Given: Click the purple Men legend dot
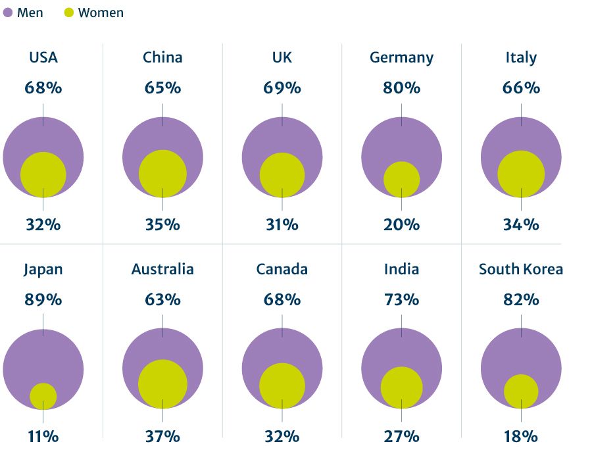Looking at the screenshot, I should point(8,12).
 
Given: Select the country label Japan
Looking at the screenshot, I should point(43,269).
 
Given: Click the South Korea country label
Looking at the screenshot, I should point(521,269).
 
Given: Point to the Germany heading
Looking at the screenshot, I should point(401,58).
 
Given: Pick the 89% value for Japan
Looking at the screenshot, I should point(43,300).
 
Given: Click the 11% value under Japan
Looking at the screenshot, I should point(43,436).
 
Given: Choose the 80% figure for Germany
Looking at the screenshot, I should point(401,87).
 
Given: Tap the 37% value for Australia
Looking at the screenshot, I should point(162,436).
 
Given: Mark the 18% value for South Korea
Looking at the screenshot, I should point(521,436).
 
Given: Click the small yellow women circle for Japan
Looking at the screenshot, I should point(43,395).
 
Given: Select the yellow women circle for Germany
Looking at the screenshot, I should point(401,179).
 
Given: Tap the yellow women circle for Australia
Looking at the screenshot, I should point(162,384).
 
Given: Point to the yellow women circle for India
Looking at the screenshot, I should point(401,387).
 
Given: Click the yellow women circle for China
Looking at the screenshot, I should point(162,174).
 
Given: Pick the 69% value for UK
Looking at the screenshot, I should point(282,87).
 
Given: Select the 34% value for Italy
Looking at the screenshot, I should point(521,224).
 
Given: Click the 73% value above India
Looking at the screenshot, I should point(401,300).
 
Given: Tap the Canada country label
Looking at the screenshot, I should point(282,269).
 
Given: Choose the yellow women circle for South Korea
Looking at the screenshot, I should point(521,391).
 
